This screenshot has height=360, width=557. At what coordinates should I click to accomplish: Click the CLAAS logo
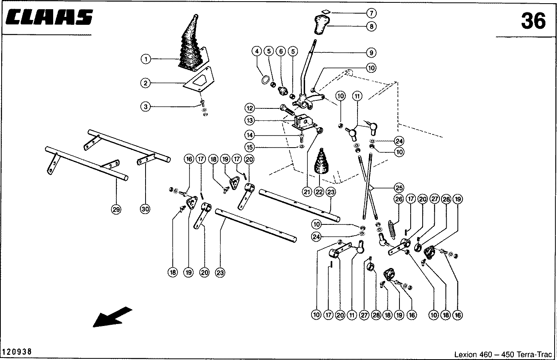(x=50, y=18)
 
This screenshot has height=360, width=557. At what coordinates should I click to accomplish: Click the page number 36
(x=533, y=21)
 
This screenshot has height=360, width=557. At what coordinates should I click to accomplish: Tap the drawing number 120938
(x=17, y=352)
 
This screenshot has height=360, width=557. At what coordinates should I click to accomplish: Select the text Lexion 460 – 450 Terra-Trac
(x=503, y=354)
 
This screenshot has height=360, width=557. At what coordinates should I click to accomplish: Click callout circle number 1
(x=146, y=60)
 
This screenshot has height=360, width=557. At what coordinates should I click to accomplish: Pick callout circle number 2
(x=146, y=83)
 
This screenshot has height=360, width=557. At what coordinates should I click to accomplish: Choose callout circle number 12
(x=250, y=108)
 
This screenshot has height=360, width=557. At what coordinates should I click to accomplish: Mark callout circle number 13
(x=250, y=120)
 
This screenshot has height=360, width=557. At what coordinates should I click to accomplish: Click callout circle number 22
(x=319, y=192)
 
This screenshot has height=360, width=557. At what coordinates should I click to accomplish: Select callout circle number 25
(x=399, y=187)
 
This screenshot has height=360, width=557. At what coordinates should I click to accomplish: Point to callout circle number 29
(x=116, y=209)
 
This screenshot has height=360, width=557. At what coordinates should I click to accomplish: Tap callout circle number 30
(x=145, y=209)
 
